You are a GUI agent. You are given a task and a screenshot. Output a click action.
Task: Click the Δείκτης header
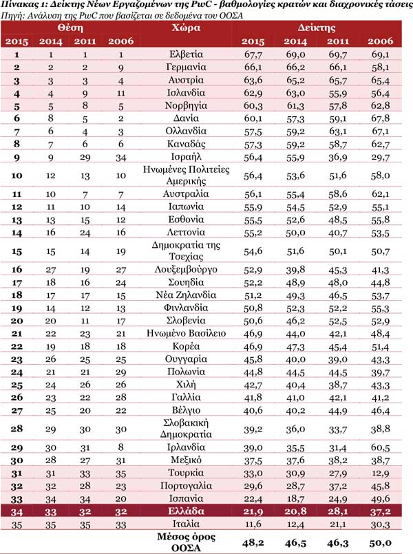click(317, 28)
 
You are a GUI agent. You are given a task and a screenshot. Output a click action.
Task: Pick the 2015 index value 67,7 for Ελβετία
click(253, 54)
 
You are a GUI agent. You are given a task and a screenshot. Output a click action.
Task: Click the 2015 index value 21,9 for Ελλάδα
click(253, 511)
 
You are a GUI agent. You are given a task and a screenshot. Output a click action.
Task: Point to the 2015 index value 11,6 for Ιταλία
click(253, 525)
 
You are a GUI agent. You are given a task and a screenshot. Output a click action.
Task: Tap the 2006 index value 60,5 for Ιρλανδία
click(381, 447)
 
